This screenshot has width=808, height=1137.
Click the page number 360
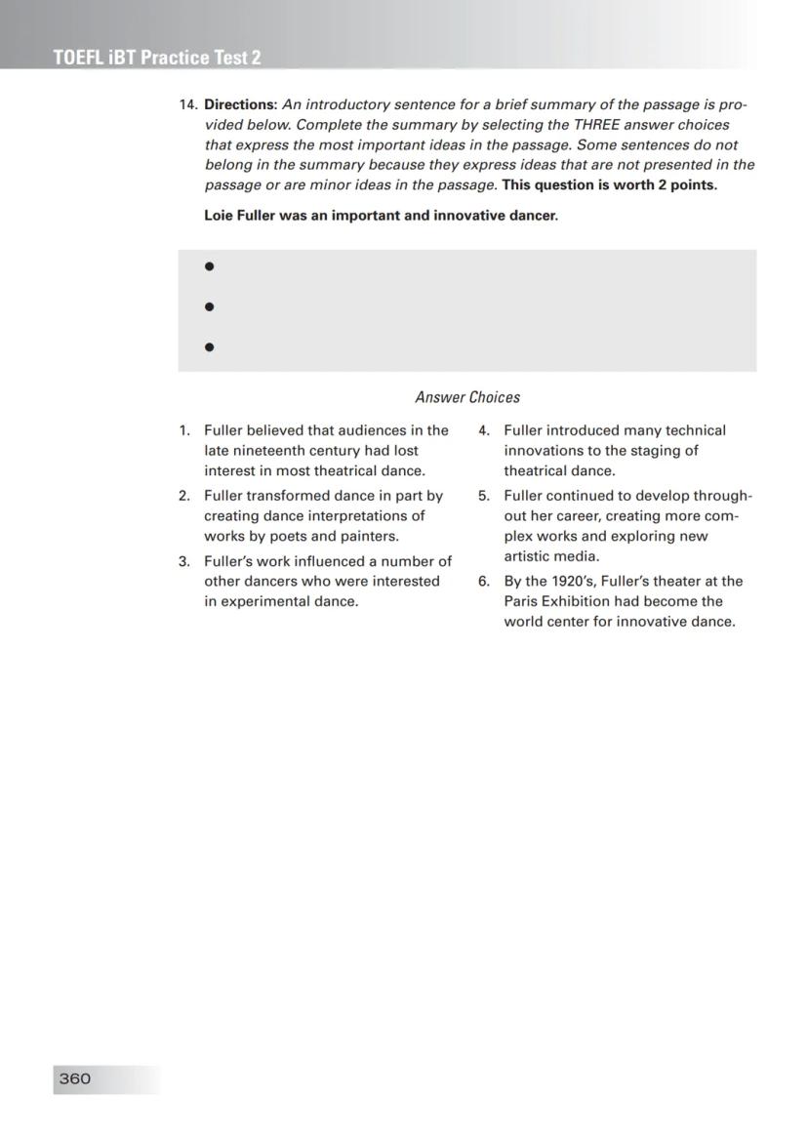click(75, 1078)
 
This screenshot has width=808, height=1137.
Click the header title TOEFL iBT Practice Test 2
click(157, 58)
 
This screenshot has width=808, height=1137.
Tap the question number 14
click(187, 104)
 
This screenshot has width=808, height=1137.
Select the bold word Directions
click(240, 104)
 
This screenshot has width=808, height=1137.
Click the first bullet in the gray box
click(209, 266)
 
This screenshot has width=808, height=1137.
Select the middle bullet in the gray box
click(209, 306)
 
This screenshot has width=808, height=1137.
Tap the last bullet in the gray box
click(209, 346)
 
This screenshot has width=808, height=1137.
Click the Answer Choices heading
click(467, 397)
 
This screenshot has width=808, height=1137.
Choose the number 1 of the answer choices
click(183, 430)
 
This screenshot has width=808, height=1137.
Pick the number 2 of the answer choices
click(183, 496)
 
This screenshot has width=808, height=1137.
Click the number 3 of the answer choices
click(183, 561)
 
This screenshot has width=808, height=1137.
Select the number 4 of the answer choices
click(483, 430)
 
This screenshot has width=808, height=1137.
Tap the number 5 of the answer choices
click(483, 496)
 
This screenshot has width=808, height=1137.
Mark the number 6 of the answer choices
click(483, 582)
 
